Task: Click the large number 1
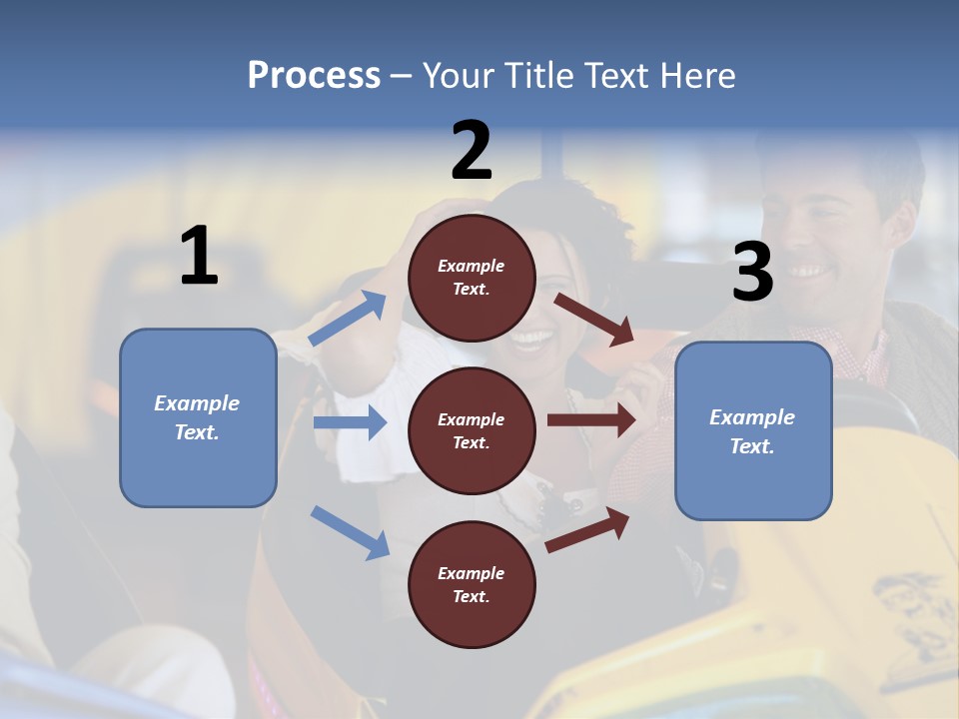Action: [198, 257]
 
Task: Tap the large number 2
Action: [472, 151]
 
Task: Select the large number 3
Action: [752, 273]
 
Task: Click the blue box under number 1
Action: [198, 417]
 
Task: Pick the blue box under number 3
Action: [753, 431]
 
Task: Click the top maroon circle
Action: [472, 278]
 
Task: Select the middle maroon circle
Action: [472, 430]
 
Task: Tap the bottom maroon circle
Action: [472, 584]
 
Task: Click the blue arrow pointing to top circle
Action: [348, 319]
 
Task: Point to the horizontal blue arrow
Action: [350, 422]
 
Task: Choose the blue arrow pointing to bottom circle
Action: [350, 532]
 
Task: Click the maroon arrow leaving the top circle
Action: [594, 319]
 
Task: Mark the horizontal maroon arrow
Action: [590, 420]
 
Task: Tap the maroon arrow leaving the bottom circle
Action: [587, 530]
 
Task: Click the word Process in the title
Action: [314, 75]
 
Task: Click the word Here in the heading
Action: [698, 75]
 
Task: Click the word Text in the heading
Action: [618, 75]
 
